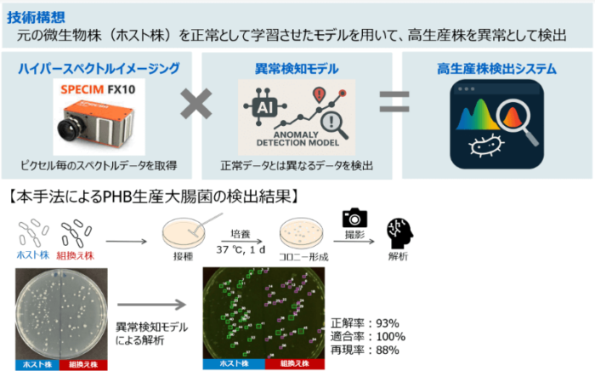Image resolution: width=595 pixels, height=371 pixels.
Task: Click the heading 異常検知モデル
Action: pyautogui.click(x=297, y=68)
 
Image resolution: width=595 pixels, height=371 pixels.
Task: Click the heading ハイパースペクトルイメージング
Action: pyautogui.click(x=99, y=68)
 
